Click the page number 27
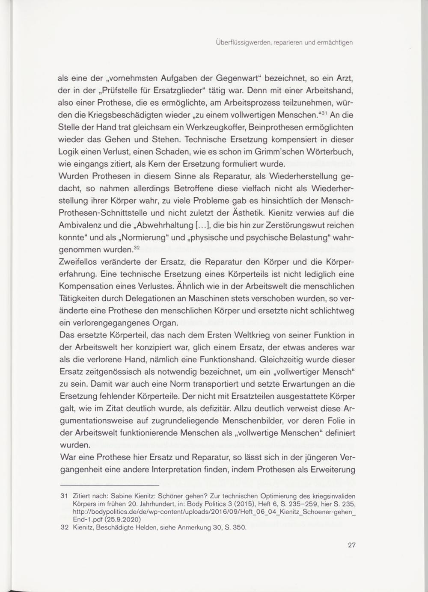click(x=352, y=545)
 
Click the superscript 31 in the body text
click(x=324, y=113)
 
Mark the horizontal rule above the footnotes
click(x=110, y=485)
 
